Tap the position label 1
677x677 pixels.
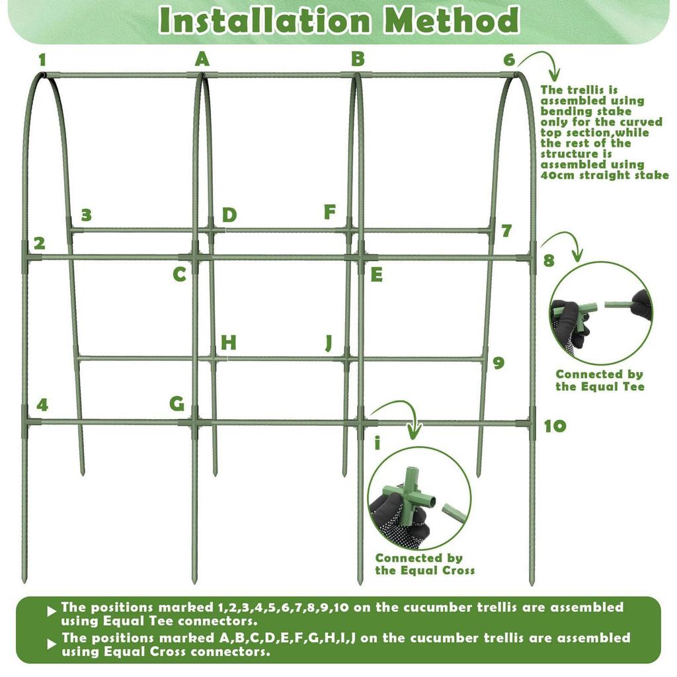click(42, 60)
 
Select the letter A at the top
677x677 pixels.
click(202, 60)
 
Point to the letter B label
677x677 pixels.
click(358, 59)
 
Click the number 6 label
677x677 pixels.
click(509, 60)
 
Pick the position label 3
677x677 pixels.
click(86, 215)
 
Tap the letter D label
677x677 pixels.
click(229, 215)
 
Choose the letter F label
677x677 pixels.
click(329, 212)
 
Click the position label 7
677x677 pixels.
click(506, 231)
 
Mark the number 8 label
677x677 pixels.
click(549, 260)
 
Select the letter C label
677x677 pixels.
click(179, 274)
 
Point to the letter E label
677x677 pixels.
click(376, 274)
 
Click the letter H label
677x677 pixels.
click(229, 342)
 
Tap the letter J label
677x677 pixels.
click(329, 343)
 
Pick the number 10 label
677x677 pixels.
click(555, 426)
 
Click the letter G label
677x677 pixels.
click(177, 403)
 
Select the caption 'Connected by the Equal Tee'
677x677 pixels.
click(599, 380)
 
